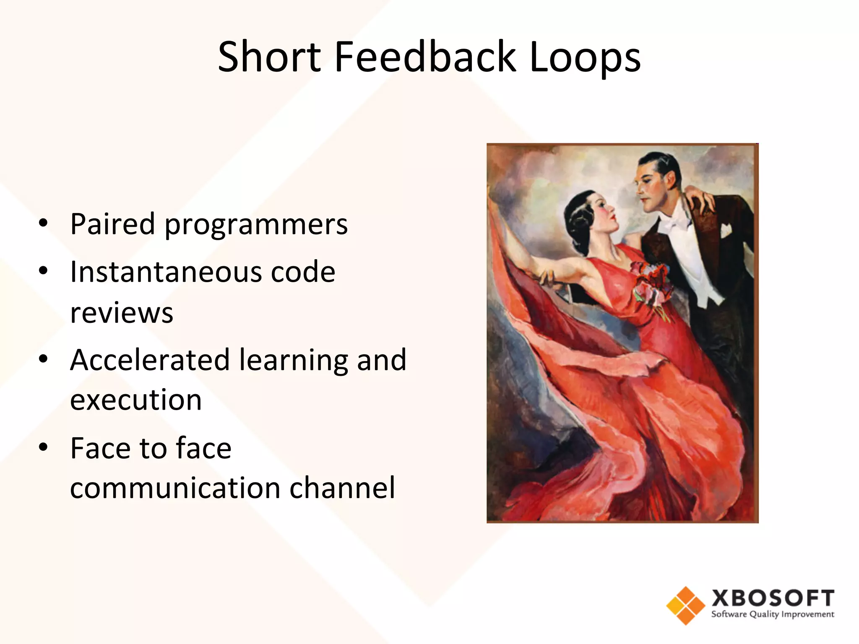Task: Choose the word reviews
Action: point(122,313)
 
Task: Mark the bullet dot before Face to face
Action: point(43,448)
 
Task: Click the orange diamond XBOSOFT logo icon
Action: point(685,605)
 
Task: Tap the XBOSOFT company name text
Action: point(773,598)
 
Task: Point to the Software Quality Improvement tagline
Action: point(773,615)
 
